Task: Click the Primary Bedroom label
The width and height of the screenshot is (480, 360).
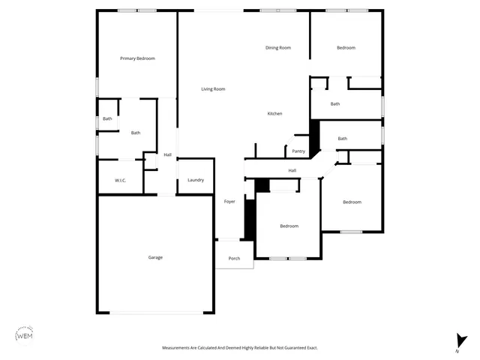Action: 137,58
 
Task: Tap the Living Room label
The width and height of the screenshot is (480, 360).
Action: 213,89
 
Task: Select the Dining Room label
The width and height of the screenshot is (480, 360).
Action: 278,48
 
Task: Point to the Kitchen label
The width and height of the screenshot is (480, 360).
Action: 275,113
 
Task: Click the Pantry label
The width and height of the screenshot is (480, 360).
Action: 298,151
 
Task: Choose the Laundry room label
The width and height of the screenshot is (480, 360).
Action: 196,180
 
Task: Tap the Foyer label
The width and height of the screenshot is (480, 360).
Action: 229,201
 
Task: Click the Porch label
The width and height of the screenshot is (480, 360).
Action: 234,259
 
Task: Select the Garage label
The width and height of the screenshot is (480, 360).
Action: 155,257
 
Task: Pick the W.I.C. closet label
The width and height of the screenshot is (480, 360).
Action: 120,180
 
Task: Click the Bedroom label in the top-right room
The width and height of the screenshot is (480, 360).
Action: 346,48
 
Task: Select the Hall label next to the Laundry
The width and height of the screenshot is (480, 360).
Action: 167,155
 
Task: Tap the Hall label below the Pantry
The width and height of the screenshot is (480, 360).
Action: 292,170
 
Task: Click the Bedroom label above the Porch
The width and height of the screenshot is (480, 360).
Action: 289,226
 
